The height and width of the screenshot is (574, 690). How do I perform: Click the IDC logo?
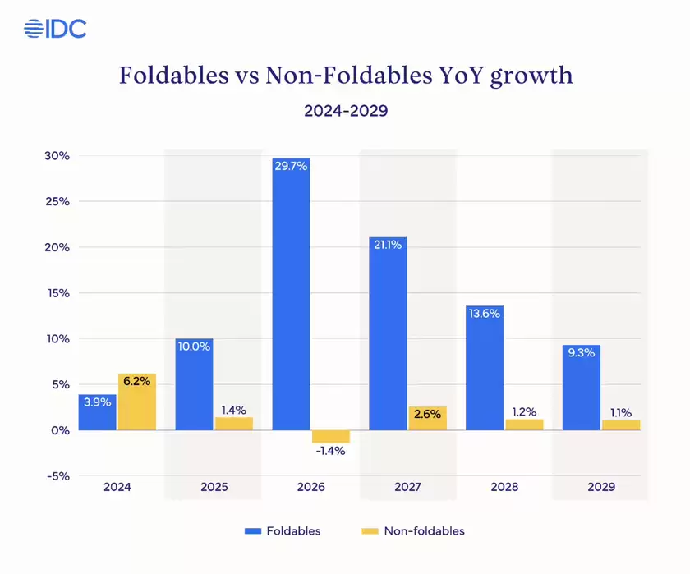(55, 29)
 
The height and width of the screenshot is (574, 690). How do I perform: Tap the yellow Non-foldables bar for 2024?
(136, 402)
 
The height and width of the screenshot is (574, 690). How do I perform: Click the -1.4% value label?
(329, 450)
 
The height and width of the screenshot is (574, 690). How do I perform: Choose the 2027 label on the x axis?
(407, 487)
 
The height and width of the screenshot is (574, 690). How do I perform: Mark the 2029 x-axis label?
(600, 487)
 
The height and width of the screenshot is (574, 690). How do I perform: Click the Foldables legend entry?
(283, 530)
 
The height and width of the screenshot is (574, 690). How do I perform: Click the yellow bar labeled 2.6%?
(427, 418)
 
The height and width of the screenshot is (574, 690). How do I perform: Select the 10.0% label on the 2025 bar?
(195, 347)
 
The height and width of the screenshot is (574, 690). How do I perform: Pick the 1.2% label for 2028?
(524, 411)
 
